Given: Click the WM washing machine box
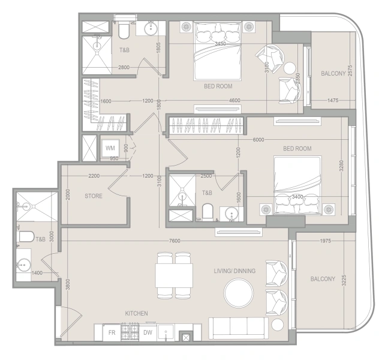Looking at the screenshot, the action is [110, 148].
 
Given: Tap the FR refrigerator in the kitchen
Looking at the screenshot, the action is [112, 332].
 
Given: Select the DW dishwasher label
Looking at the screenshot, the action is [148, 332].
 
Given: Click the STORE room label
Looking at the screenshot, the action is [94, 196].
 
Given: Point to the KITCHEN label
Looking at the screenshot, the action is [136, 313].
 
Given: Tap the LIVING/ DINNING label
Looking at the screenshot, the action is [234, 271].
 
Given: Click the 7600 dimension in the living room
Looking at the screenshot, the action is [175, 241].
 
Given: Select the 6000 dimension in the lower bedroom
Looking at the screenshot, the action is [258, 140].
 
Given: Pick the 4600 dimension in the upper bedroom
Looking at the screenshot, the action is [234, 101].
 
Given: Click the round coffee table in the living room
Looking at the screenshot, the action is [239, 293].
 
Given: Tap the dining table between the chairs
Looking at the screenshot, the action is [174, 275].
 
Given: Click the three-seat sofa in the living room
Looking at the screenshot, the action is [239, 328].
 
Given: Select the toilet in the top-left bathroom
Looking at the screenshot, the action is [124, 31].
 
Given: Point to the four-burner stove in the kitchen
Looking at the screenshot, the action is [130, 331].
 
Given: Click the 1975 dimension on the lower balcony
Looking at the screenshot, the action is [325, 241].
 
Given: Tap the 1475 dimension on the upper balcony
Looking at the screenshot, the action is [333, 101].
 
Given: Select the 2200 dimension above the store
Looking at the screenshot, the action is [94, 176].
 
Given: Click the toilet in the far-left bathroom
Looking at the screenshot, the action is [26, 236].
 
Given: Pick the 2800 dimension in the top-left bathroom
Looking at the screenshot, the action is [124, 67].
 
